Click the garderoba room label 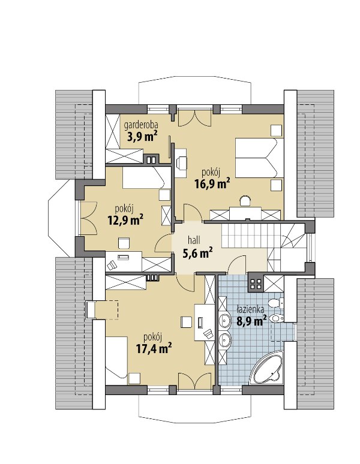pos(140,125)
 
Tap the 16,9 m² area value pos(212,184)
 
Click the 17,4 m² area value pos(154,348)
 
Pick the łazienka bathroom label pos(250,309)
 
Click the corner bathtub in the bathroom pos(266,368)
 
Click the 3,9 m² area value pos(142,137)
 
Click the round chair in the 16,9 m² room pos(245,201)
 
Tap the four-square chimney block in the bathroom pos(255,284)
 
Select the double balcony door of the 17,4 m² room pos(196,381)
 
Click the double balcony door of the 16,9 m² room pos(195,117)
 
